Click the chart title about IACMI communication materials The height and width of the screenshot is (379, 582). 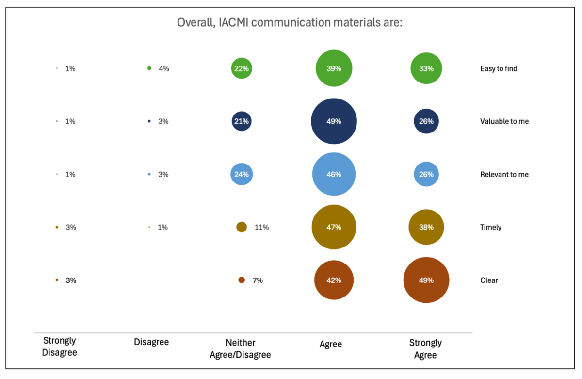pos(290,23)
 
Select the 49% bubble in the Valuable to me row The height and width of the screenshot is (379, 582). pos(334,121)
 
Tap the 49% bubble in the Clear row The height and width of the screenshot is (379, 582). pos(426,280)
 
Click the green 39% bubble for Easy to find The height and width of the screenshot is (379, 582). pos(334,68)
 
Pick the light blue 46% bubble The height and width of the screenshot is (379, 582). pos(334,174)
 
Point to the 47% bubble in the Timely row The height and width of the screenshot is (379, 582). pos(334,227)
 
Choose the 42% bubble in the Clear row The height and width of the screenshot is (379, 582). pos(334,280)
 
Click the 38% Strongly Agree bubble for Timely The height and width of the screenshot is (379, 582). pos(426,227)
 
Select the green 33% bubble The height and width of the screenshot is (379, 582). pos(426,68)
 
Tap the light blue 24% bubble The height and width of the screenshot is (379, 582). pos(242,174)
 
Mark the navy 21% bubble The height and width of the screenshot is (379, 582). pos(242,121)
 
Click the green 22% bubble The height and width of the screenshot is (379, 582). pos(242,68)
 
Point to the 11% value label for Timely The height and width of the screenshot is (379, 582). pos(261,227)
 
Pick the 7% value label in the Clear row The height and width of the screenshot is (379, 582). pos(258,280)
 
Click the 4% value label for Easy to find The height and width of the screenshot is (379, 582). pos(164,69)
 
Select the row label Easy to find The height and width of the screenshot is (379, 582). pos(499,69)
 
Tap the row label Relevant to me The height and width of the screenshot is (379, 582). pos(504,174)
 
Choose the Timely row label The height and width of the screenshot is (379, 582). pos(491,227)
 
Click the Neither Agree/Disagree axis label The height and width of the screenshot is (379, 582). pos(240,349)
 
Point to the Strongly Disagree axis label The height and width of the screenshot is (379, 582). pos(60,346)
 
